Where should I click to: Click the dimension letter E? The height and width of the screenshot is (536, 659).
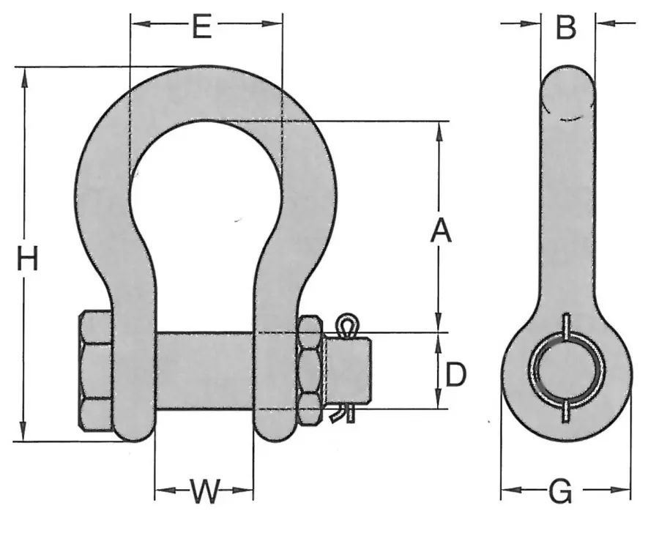[201, 27]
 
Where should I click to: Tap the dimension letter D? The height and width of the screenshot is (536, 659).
[455, 375]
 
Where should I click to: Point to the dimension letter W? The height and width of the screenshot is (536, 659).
[204, 491]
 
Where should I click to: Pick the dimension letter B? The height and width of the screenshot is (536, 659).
[566, 27]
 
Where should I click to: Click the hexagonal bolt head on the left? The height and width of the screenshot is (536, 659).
[94, 371]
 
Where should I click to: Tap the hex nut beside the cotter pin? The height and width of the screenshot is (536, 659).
[310, 370]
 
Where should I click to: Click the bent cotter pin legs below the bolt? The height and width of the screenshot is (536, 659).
[343, 414]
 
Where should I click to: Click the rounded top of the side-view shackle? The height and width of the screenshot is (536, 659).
[567, 81]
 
